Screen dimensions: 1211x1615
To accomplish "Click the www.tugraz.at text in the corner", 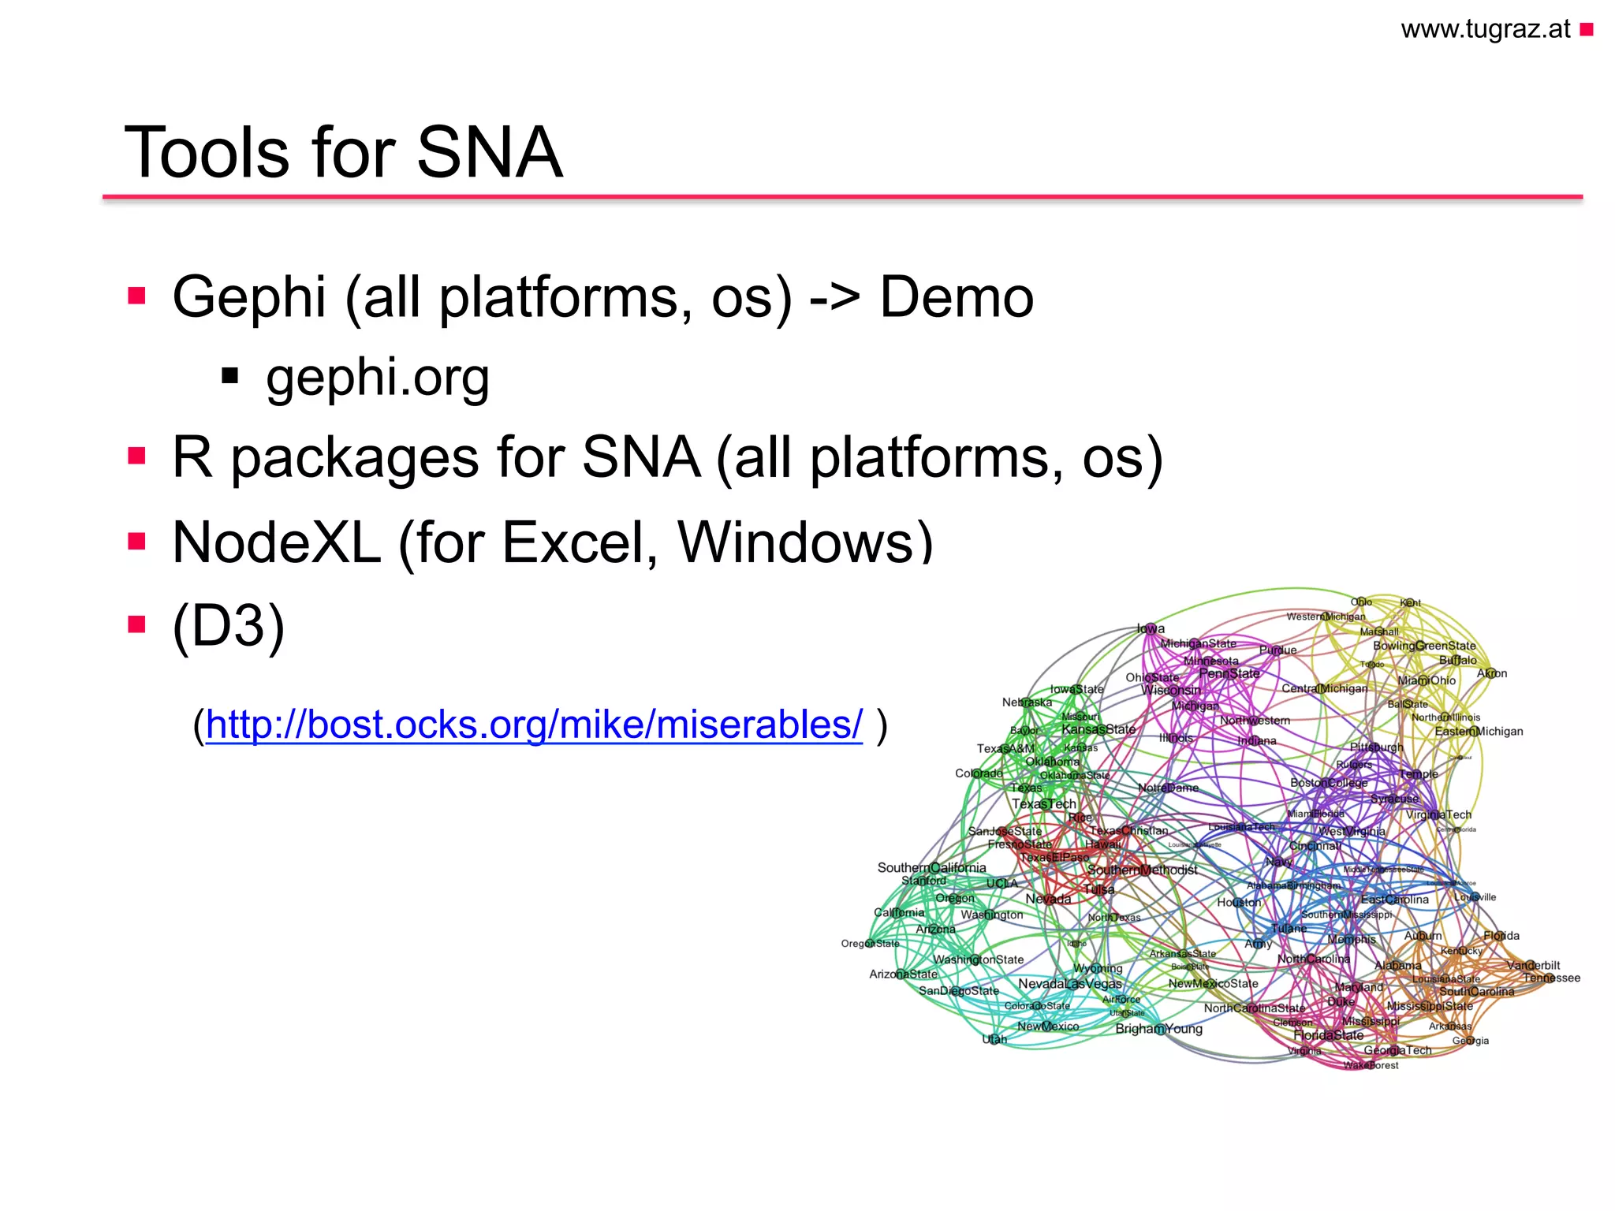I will click(x=1485, y=29).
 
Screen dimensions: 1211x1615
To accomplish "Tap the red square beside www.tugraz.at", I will click(x=1587, y=30).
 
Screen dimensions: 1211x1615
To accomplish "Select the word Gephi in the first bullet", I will click(x=249, y=298).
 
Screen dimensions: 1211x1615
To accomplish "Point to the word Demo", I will click(x=956, y=298).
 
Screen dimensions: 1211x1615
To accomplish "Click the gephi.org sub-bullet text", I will click(x=378, y=377).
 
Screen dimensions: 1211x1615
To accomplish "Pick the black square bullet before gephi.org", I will click(x=230, y=375).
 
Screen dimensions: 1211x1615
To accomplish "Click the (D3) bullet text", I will click(x=229, y=625).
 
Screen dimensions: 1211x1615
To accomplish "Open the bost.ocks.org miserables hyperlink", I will click(x=534, y=724).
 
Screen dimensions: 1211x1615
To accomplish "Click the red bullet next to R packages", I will click(x=137, y=456).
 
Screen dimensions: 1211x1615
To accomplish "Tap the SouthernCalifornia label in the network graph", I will click(x=931, y=867).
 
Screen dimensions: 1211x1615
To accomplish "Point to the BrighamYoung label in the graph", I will click(x=1158, y=1029).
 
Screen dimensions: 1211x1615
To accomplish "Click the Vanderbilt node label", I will click(x=1533, y=965).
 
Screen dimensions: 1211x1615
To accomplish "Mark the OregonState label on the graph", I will click(x=870, y=943).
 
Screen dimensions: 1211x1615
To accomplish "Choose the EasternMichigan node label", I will click(x=1479, y=731).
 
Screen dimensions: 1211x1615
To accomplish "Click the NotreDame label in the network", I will click(x=1168, y=788).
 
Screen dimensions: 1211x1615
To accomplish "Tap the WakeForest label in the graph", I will click(x=1371, y=1065).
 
